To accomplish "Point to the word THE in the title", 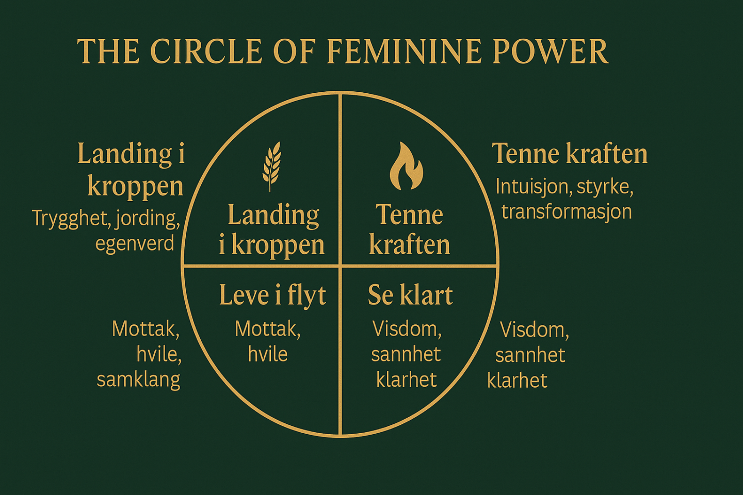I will coord(108,52).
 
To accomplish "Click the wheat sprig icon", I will coord(272,166).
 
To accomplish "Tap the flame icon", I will coord(406,166).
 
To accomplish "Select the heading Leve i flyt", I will coord(272,295).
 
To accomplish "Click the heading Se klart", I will coord(410,295).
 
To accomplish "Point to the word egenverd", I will coord(135,243).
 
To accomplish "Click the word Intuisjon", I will coord(532,187).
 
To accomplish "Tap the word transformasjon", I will coord(567,212).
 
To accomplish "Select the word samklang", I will coord(138,379).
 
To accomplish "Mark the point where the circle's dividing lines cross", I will coord(340,266).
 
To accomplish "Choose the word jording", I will coord(148,219).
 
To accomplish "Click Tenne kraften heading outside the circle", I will coord(570,154).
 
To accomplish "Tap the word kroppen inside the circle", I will coord(278,245).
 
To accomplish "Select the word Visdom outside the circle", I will coord(534,330).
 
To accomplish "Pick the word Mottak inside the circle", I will coord(267,329).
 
